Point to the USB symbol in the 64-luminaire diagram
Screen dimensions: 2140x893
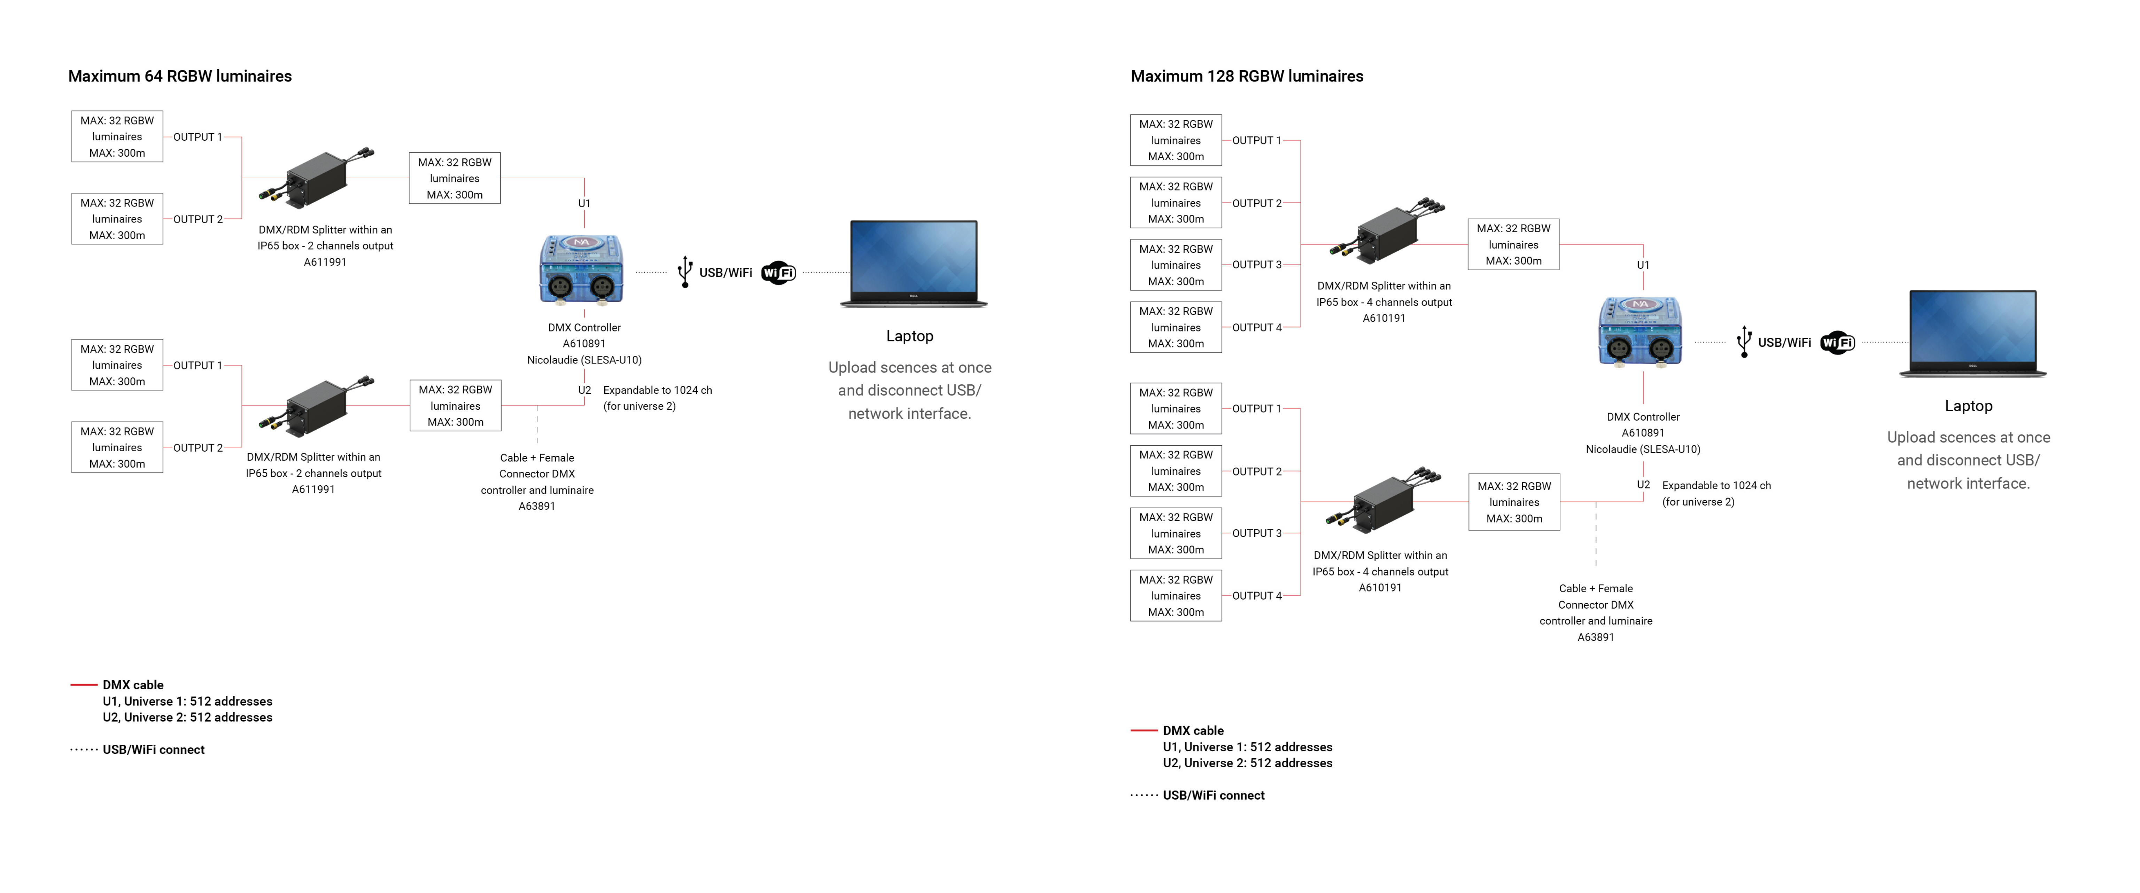[x=684, y=272]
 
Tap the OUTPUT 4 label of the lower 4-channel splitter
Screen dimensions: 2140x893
[x=1256, y=596]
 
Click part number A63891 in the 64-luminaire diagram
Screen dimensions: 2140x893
[x=537, y=506]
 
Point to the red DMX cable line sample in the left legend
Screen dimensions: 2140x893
[x=84, y=684]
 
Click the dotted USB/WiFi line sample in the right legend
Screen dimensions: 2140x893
[x=1144, y=795]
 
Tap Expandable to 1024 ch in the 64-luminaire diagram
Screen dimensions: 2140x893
[x=657, y=390]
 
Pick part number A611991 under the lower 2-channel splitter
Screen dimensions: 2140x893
[x=313, y=489]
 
